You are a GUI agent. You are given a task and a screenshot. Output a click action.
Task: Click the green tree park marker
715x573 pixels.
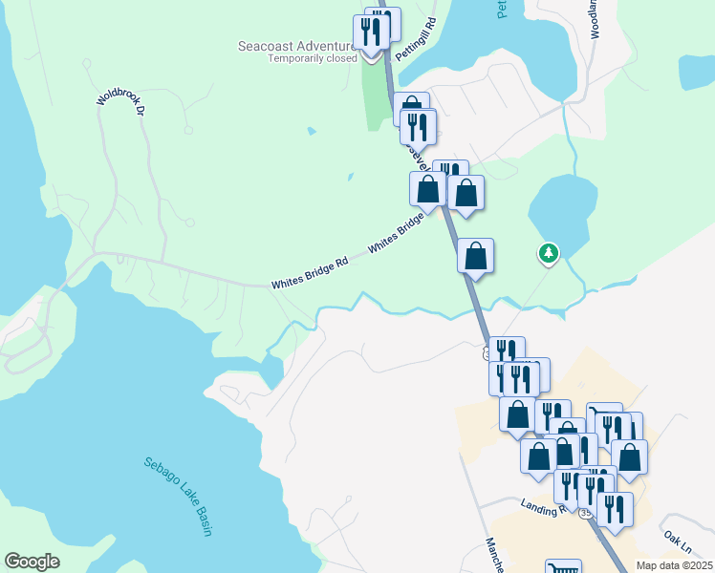(549, 253)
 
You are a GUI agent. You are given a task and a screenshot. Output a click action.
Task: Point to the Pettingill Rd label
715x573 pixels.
(417, 41)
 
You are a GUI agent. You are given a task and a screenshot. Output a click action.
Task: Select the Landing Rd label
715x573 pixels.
(544, 508)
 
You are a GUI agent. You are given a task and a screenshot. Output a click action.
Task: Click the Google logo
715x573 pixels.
(32, 562)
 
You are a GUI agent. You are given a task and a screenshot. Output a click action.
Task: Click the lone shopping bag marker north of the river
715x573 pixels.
(475, 257)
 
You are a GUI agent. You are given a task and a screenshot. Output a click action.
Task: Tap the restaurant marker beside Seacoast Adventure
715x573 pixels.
(370, 32)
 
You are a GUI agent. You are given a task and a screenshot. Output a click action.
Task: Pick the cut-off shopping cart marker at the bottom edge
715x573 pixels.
(563, 567)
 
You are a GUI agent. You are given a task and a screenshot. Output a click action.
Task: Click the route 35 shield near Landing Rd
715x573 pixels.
(584, 513)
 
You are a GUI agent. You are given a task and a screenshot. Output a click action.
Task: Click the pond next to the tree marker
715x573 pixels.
(559, 212)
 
